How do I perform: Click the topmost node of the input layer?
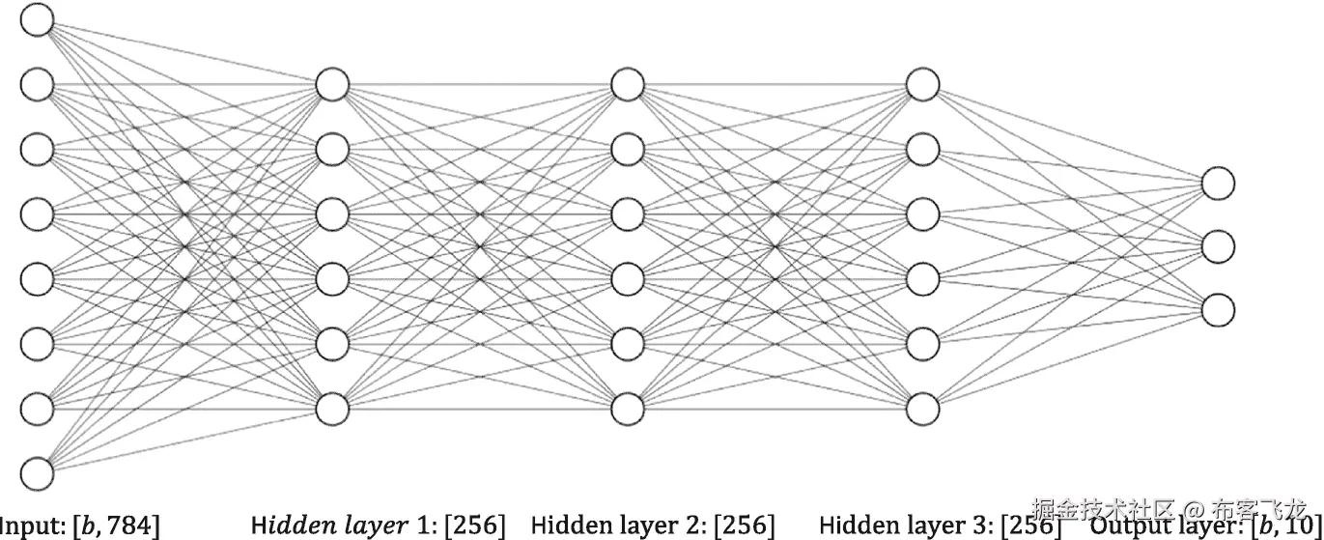tap(37, 20)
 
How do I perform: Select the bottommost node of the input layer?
tap(37, 473)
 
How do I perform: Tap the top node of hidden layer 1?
tap(331, 85)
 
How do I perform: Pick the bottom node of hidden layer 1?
tap(331, 408)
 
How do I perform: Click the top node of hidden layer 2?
tap(627, 85)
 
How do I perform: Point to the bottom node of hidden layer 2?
tap(627, 408)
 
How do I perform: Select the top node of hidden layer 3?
tap(922, 85)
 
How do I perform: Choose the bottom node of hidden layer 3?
tap(922, 408)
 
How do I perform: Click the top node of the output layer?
tap(1218, 183)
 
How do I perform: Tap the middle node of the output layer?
tap(1218, 246)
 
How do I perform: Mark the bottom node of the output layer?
tap(1218, 309)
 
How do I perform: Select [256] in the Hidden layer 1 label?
tap(474, 526)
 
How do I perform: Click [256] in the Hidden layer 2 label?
tap(744, 526)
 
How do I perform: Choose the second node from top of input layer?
tap(37, 85)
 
